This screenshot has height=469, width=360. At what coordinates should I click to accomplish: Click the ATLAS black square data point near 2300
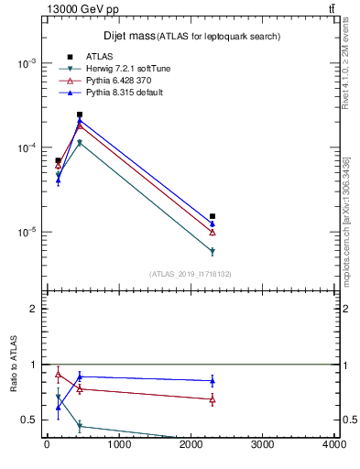(213, 216)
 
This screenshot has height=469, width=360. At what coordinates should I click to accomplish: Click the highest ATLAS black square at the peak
(80, 115)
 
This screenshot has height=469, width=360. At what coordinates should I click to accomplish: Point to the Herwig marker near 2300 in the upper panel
(213, 251)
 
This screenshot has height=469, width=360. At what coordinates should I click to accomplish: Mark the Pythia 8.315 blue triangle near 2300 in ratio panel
(213, 380)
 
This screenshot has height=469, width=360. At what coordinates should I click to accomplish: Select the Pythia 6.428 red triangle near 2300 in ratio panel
(213, 399)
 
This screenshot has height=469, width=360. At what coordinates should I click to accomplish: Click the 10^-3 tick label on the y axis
(27, 63)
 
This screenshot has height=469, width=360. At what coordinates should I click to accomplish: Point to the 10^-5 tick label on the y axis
(27, 233)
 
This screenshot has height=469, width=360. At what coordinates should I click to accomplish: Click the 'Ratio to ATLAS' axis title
(14, 365)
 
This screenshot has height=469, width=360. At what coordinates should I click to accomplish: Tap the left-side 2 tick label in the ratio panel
(34, 309)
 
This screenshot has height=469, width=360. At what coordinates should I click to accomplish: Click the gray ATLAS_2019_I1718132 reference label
(191, 274)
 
